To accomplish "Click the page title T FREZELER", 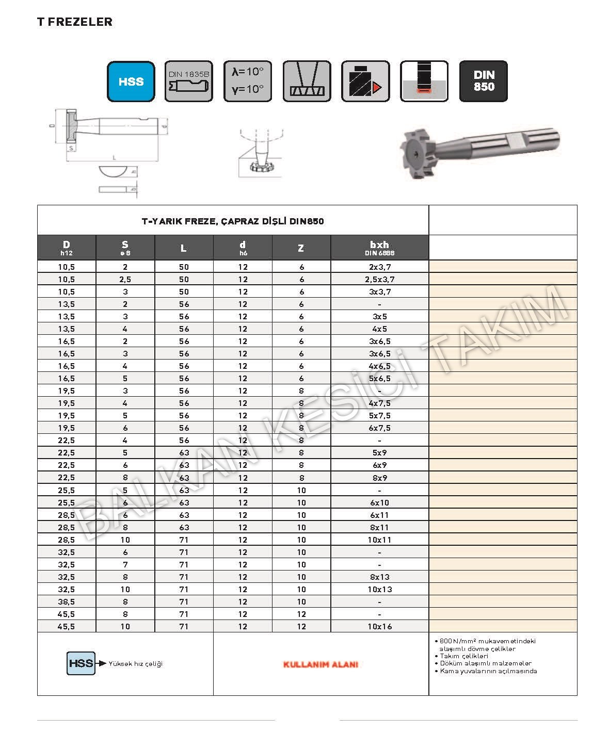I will (x=74, y=22).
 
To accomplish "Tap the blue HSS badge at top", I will (x=131, y=82).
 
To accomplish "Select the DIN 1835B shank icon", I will (x=189, y=82).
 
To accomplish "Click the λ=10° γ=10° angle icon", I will (x=248, y=82).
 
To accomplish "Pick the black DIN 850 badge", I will (x=484, y=82).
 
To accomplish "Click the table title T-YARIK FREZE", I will (x=233, y=221).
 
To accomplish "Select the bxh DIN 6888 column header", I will (x=379, y=248).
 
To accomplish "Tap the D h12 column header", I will (x=67, y=248).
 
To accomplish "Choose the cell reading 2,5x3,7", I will (x=379, y=280).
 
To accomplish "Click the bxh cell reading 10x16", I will (x=379, y=627).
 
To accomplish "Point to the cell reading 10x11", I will (x=379, y=540).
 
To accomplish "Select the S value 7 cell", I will (x=125, y=565).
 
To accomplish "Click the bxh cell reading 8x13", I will (x=379, y=577).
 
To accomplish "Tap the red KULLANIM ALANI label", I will (x=320, y=664).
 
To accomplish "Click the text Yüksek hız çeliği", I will (x=136, y=664).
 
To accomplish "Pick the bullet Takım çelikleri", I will (x=464, y=656).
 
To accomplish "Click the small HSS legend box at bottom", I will (x=81, y=663).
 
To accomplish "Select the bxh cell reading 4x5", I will (x=379, y=329).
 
